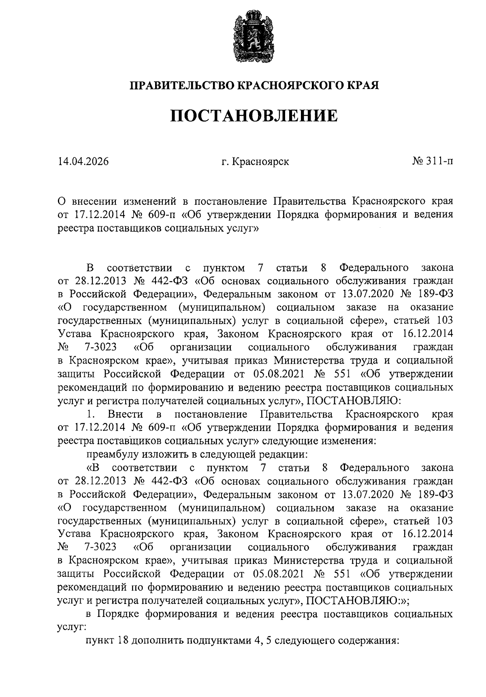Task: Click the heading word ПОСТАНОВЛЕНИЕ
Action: (x=254, y=116)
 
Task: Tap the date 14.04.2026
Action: (x=83, y=162)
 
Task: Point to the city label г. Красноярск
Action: (x=256, y=162)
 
